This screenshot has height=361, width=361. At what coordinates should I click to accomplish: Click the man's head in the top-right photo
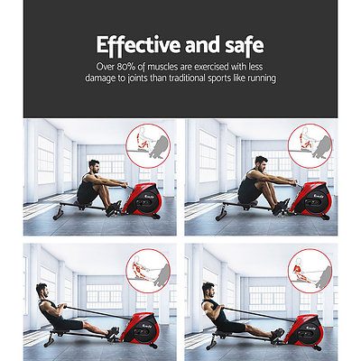point(261,163)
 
